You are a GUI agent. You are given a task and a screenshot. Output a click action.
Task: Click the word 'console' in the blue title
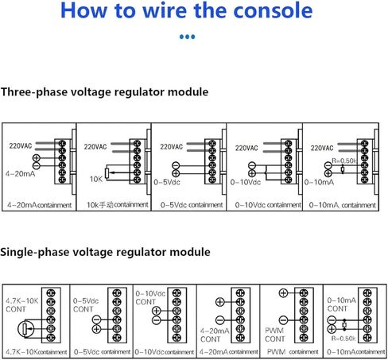274,10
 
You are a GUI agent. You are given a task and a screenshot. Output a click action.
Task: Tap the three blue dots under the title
187,37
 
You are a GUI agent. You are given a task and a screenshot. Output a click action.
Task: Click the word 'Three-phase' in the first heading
34,92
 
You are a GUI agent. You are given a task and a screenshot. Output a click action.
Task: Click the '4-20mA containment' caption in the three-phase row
40,205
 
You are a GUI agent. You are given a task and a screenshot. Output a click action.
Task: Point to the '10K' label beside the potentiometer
96,180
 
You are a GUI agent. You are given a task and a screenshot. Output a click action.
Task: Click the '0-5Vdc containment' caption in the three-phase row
192,205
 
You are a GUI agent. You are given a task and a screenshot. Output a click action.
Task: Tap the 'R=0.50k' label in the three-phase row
344,161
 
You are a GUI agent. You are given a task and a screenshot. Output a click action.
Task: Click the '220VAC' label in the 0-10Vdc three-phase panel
246,148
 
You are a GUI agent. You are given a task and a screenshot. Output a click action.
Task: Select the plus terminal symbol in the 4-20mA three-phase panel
36,158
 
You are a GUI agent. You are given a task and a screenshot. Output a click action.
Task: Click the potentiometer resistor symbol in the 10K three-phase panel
107,172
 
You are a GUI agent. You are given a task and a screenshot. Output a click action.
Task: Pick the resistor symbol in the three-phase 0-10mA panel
343,169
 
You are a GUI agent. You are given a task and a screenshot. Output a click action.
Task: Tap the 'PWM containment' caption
293,352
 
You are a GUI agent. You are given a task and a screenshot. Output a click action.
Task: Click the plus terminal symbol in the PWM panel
283,293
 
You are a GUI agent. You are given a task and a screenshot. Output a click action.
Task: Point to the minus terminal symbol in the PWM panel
283,320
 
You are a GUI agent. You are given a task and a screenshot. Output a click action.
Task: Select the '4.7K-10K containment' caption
37,352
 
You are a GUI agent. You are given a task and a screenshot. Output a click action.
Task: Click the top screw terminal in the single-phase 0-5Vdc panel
117,293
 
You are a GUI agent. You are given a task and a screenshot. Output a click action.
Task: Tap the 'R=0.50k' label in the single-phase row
343,339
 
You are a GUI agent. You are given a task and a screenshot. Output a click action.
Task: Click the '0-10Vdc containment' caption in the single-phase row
165,352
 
